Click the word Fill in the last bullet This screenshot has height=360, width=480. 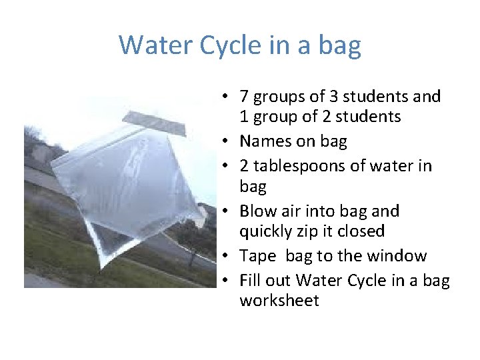pos(251,281)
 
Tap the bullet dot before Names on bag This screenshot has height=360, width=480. pos(227,142)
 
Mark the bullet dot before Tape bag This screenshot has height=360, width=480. pos(227,257)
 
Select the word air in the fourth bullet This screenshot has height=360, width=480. pos(297,211)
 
